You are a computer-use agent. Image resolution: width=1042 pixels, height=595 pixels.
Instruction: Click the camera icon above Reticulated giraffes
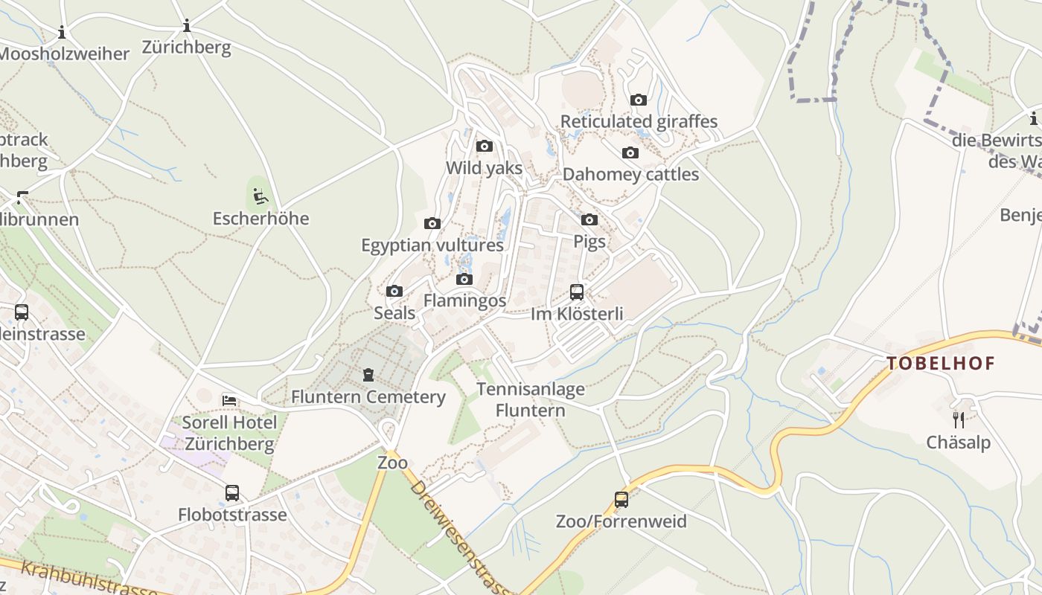(639, 100)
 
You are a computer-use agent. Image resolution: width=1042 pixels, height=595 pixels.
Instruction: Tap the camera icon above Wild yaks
(485, 146)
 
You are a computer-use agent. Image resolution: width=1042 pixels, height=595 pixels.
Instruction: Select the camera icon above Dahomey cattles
(630, 153)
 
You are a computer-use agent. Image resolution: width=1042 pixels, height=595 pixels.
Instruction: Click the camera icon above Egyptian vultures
(432, 223)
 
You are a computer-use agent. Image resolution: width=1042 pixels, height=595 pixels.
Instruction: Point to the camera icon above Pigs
(589, 219)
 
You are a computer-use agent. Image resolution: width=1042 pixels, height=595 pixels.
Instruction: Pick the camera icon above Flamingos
(464, 279)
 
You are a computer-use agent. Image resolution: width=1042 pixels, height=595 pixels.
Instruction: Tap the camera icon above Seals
(394, 291)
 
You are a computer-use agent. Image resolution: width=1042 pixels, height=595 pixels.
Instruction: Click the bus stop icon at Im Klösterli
(577, 292)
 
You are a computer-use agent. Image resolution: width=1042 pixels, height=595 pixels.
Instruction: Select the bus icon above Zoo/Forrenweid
(621, 499)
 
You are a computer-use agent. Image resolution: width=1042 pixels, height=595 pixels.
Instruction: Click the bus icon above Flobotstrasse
(232, 492)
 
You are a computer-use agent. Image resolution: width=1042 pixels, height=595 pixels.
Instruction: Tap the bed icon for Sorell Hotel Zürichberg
(229, 400)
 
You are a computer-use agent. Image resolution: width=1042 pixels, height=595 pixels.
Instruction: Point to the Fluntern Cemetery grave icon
(368, 374)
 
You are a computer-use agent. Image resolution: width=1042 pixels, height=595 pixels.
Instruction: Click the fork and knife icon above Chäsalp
(959, 420)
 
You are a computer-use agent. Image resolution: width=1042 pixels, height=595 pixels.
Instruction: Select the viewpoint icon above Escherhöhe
(260, 196)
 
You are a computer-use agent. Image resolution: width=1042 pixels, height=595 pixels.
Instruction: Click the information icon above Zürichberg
(187, 27)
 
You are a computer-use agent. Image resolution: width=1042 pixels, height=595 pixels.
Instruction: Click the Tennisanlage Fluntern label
(531, 399)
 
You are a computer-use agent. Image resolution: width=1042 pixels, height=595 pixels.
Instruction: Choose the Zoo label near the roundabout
(392, 463)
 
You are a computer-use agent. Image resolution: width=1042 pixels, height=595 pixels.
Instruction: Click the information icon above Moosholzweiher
(62, 32)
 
